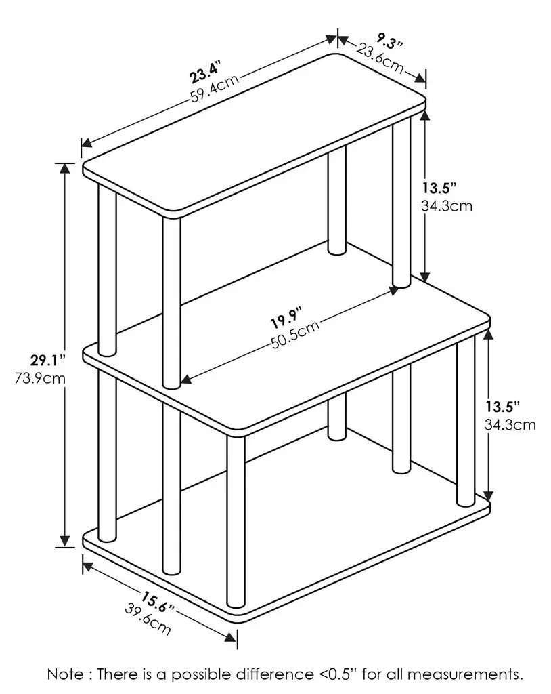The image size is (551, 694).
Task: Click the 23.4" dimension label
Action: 205,73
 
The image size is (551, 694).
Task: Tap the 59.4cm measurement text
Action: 215,88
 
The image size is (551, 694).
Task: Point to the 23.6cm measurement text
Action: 380,58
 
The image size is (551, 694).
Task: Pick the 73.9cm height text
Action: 40,379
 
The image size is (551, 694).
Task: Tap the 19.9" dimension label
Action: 286,317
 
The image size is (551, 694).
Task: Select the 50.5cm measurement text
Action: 295,334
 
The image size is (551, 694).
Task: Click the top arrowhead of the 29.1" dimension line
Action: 65,168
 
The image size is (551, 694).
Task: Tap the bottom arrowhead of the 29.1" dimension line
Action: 65,541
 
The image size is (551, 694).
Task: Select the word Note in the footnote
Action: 64,674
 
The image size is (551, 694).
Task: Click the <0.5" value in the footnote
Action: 337,674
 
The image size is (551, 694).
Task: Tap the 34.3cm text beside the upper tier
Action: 447,206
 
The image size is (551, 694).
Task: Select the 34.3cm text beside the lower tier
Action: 510,424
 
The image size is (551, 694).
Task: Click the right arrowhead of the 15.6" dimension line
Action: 230,637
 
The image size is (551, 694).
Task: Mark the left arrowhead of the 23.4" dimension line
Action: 87,142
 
